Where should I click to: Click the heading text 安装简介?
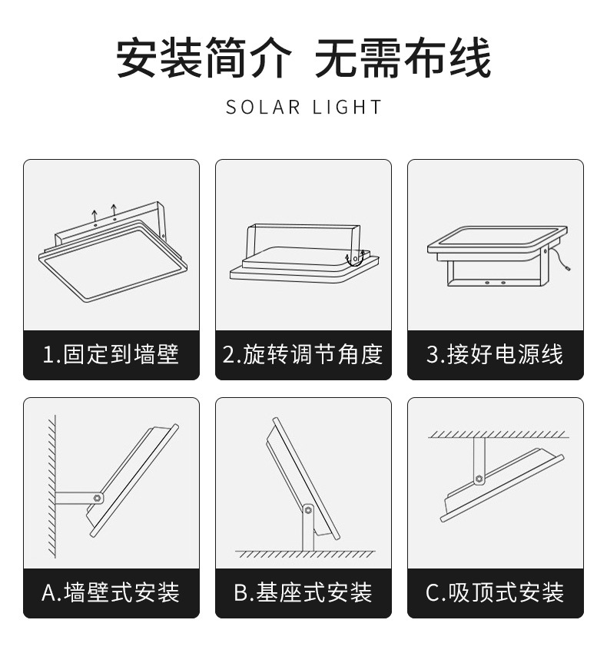204,58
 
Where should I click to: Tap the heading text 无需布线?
403,58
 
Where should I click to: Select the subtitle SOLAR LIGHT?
303,107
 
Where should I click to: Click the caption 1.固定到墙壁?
111,354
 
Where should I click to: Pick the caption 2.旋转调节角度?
303,354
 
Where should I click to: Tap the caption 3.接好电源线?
495,354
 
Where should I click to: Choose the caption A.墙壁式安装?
111,592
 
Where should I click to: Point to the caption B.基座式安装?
303,592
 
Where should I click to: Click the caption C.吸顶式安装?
495,592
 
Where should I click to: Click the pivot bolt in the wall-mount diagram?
98,498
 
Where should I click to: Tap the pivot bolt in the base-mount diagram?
308,509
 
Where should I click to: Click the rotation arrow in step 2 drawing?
353,260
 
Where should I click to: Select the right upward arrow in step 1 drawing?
114,209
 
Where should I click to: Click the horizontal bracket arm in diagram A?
75,497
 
